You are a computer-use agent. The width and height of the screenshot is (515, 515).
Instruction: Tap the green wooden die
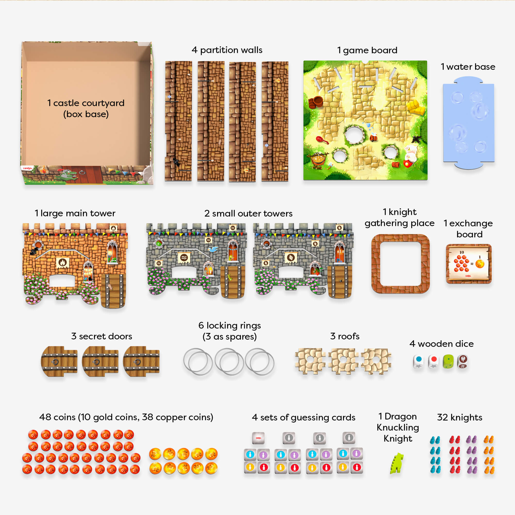448,362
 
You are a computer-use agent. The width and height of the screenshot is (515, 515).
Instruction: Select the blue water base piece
468,123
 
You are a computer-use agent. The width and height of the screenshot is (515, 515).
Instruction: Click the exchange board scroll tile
469,264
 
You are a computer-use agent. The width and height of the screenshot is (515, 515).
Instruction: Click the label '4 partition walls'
227,50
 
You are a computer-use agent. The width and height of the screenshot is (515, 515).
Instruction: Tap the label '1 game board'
367,50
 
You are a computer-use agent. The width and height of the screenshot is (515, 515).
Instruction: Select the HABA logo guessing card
258,438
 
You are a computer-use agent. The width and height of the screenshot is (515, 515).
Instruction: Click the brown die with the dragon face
463,362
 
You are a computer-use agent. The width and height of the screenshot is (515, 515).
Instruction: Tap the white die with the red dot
433,362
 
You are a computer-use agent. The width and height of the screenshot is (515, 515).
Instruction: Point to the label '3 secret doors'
101,336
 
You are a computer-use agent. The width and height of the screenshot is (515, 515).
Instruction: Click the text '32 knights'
460,417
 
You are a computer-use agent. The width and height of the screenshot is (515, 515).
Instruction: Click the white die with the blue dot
418,362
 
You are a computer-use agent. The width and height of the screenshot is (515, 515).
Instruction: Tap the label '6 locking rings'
229,325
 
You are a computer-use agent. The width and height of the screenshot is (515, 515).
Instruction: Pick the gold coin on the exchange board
479,264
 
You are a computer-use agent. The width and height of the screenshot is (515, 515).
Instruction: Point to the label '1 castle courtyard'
86,103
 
